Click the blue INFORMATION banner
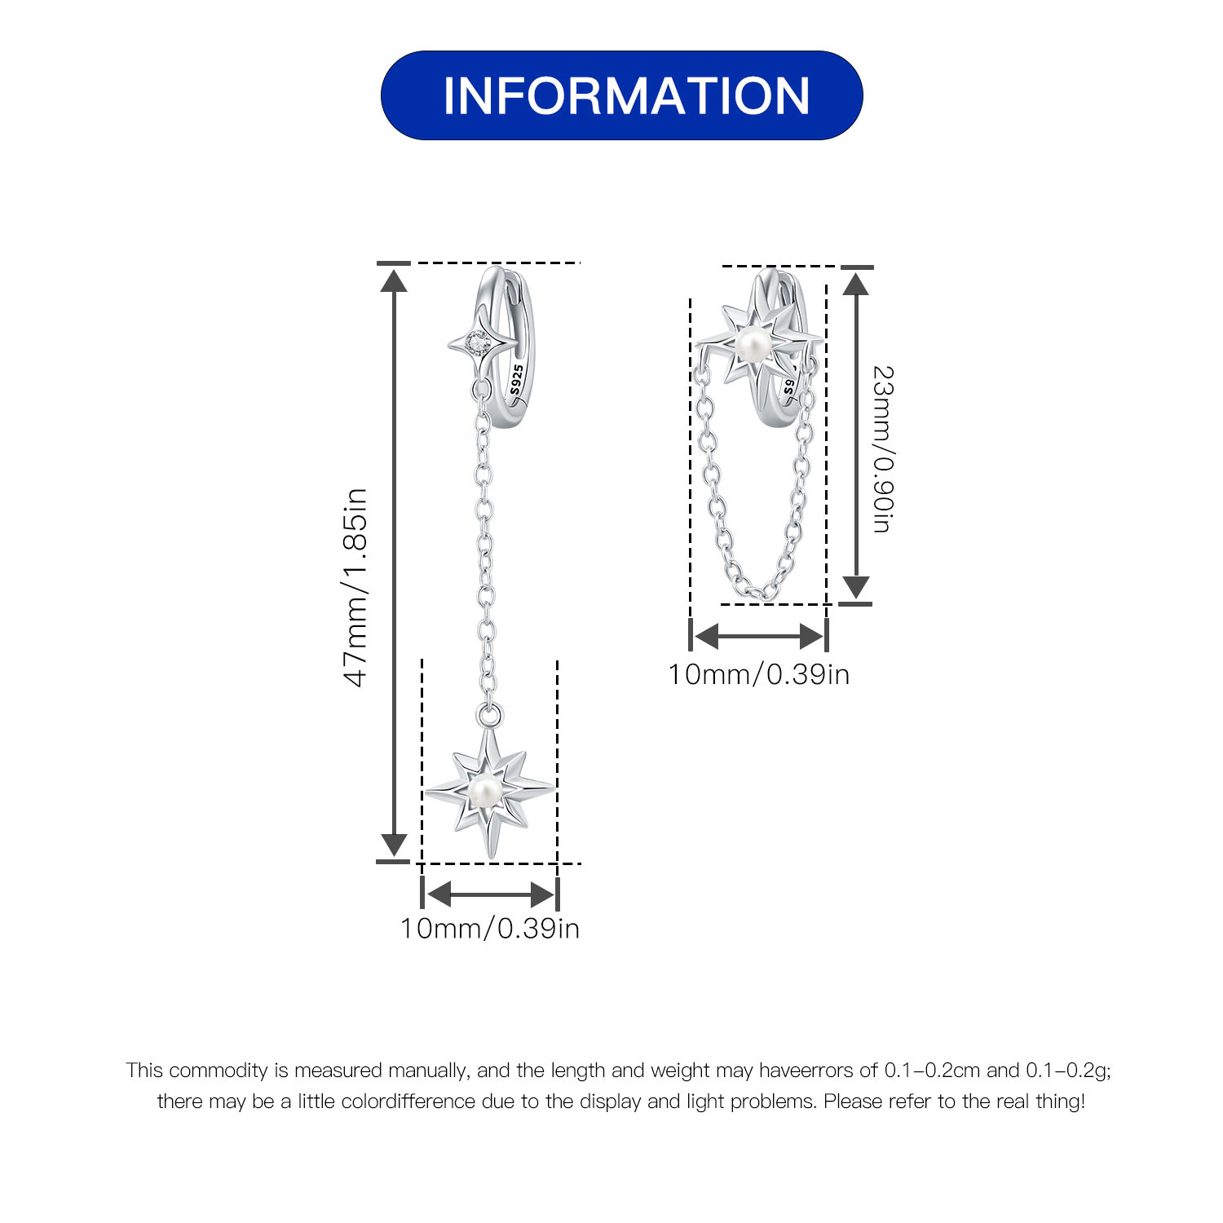point(621,95)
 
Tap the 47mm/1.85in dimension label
point(356,588)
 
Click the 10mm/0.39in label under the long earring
point(489,928)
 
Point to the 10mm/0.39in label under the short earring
point(759,674)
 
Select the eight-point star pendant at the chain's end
point(488,789)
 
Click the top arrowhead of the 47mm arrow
point(395,280)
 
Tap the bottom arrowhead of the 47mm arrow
point(395,845)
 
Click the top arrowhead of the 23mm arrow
point(855,283)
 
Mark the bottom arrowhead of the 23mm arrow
point(855,587)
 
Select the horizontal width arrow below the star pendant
point(490,894)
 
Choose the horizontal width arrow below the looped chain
point(759,636)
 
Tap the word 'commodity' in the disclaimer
point(218,1071)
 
